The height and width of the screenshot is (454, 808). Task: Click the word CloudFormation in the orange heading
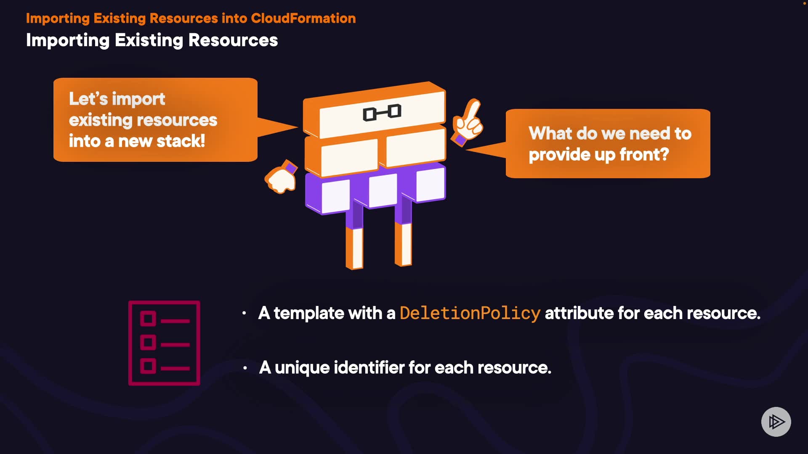point(303,18)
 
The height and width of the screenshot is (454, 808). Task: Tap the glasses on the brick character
point(382,112)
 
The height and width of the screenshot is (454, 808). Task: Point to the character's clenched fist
point(281,178)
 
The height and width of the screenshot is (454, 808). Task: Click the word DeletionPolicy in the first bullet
point(470,313)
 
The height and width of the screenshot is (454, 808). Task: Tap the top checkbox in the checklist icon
point(148,319)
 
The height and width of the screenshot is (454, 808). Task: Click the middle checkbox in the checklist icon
point(148,342)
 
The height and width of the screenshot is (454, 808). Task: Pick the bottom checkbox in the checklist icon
point(148,366)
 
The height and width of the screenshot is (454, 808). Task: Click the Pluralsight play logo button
point(776,422)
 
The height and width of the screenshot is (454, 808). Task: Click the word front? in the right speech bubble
point(644,155)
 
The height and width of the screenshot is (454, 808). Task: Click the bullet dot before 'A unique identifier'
point(245,368)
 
